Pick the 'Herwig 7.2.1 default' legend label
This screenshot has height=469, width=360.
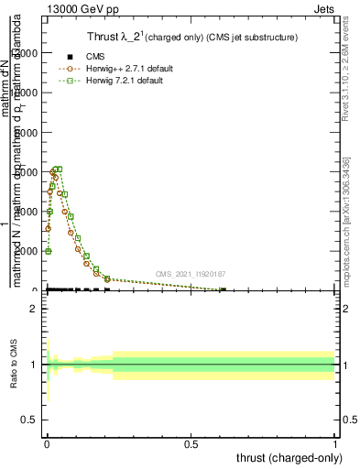(126, 81)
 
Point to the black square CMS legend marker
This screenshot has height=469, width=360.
(71, 57)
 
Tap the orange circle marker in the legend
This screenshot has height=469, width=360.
(71, 69)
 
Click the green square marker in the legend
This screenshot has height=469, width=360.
(71, 81)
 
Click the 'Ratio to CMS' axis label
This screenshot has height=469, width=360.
(15, 365)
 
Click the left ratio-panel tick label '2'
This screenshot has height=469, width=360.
(34, 309)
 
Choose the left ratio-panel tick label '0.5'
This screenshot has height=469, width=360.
(28, 420)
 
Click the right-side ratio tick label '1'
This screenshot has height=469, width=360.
(344, 365)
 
